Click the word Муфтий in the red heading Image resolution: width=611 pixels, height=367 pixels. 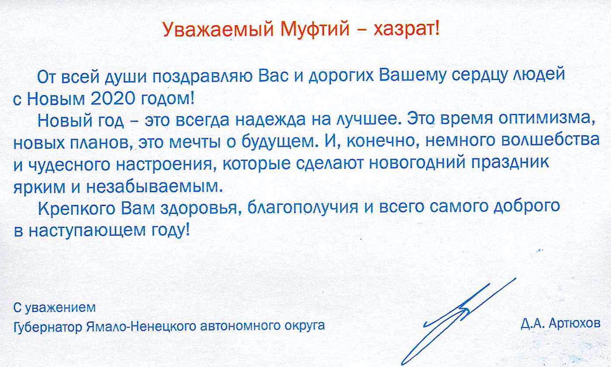[x=315, y=30]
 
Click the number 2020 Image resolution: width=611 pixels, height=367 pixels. [x=112, y=100]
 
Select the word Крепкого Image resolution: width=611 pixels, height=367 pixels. [x=77, y=209]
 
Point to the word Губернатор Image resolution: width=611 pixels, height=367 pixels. [x=48, y=327]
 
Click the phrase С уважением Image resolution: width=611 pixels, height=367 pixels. [x=54, y=308]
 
